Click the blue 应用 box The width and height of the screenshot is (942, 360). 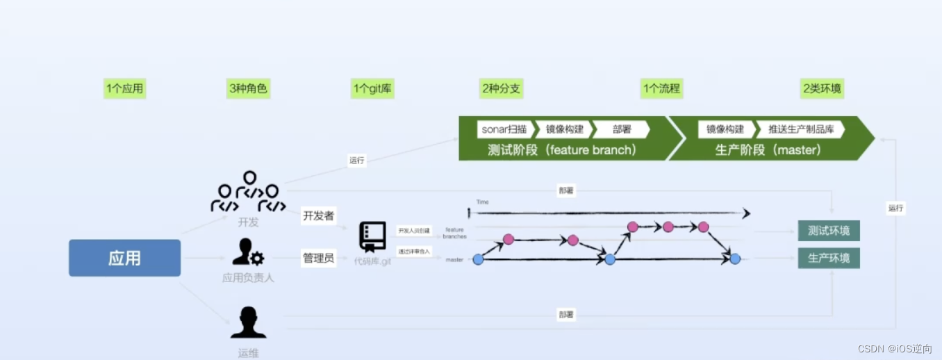point(125,259)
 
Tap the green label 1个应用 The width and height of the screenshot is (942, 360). point(125,89)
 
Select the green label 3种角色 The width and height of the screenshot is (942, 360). point(248,89)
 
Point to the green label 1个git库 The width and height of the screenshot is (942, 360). point(372,89)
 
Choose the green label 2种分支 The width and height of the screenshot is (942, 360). point(501,89)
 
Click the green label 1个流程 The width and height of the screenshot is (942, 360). point(661,89)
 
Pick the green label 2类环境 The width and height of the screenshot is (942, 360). point(823,89)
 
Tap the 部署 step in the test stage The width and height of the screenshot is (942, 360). point(622,129)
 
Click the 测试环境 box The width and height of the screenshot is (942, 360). point(829,230)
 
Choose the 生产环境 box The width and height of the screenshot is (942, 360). point(829,259)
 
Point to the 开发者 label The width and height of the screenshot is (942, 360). point(318,216)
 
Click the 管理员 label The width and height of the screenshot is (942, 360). point(318,259)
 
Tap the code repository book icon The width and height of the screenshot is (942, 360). point(372,237)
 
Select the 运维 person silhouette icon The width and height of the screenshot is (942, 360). point(248,322)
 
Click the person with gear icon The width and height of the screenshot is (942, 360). point(248,252)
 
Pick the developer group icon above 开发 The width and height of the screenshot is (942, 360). point(248,192)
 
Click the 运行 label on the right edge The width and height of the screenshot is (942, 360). point(896,208)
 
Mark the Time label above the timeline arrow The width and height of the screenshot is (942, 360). point(482,202)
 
